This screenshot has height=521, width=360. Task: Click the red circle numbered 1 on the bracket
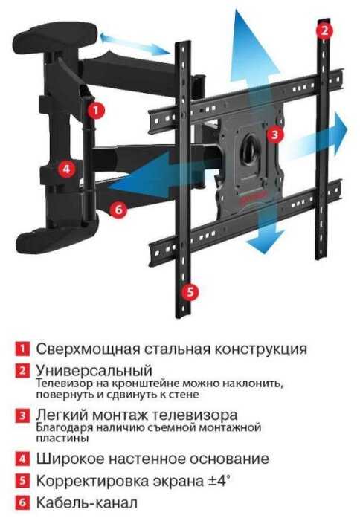tap(96, 110)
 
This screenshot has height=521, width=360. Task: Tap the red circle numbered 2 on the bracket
tap(324, 30)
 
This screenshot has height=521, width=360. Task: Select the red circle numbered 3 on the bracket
tap(275, 135)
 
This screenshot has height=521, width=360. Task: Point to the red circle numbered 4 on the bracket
tap(67, 169)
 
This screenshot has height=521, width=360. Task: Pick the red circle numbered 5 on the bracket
tap(190, 292)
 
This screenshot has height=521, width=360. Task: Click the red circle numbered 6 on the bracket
tap(119, 210)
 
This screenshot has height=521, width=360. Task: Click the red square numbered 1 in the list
tap(22, 349)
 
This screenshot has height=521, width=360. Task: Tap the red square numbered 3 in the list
tap(22, 415)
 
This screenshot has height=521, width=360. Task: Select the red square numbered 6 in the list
tap(22, 502)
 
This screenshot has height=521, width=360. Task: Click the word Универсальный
tap(94, 370)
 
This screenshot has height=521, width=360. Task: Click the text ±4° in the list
tap(219, 480)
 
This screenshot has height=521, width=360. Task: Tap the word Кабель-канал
tap(86, 502)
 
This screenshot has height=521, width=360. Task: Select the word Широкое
tap(70, 459)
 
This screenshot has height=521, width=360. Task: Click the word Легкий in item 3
tap(62, 415)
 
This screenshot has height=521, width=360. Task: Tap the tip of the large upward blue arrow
tap(237, 10)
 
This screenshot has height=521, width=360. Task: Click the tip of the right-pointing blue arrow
tap(347, 129)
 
